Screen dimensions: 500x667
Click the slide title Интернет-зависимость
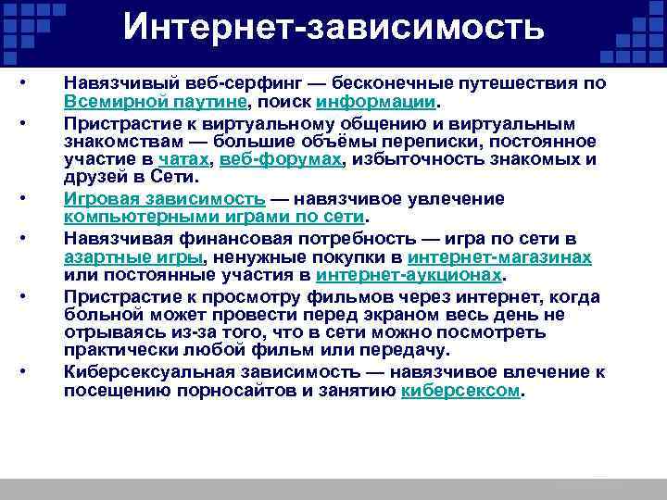tap(333, 28)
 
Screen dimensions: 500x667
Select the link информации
tap(374, 100)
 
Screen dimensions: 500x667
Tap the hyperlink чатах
tap(193, 159)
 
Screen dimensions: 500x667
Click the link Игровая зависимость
tap(164, 199)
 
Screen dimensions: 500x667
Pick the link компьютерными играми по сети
tap(214, 218)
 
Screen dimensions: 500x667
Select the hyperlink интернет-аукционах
tap(409, 276)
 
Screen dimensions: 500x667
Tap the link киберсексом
tap(461, 391)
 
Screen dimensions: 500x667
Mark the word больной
tap(99, 316)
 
